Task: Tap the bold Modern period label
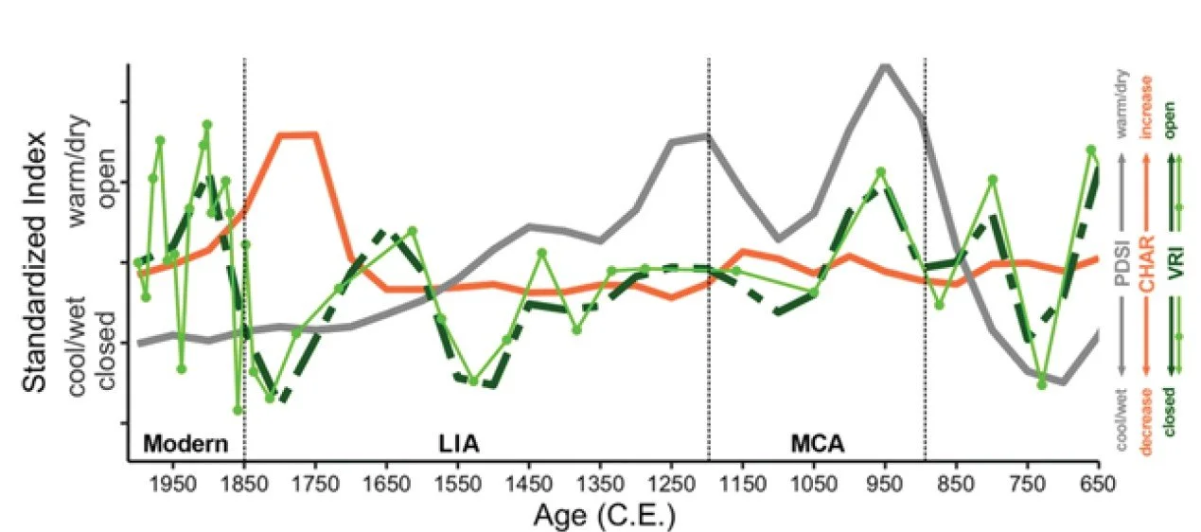tap(185, 443)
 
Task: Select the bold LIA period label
tap(458, 443)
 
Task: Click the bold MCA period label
tap(818, 443)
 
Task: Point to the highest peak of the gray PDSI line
tap(886, 66)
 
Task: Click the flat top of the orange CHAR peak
tap(296, 134)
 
